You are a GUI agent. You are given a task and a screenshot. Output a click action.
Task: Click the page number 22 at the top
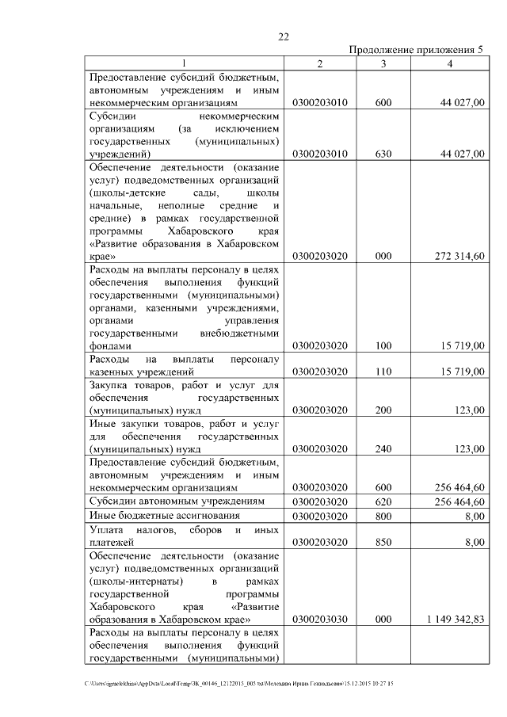(284, 36)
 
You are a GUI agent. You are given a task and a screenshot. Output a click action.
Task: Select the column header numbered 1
(185, 63)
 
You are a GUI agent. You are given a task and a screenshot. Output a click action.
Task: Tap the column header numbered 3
(383, 63)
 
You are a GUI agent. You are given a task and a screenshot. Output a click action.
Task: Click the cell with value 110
(383, 372)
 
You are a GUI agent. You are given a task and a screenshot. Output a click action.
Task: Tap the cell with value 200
(383, 410)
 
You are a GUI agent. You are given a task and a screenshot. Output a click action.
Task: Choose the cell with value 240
(383, 449)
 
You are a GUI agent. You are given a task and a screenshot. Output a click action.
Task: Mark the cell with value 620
(383, 502)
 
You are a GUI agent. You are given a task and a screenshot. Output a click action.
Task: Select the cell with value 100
(383, 346)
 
